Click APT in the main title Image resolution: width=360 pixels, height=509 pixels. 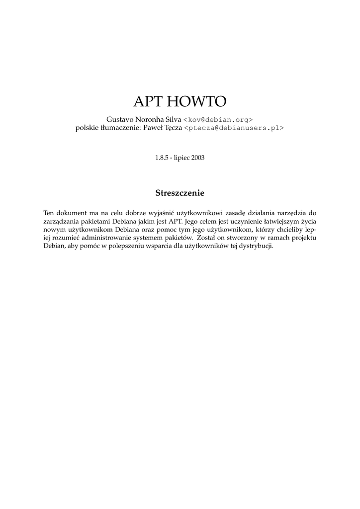click(148, 101)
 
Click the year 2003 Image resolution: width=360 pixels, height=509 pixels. click(197, 158)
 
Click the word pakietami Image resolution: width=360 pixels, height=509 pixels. click(94, 222)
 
